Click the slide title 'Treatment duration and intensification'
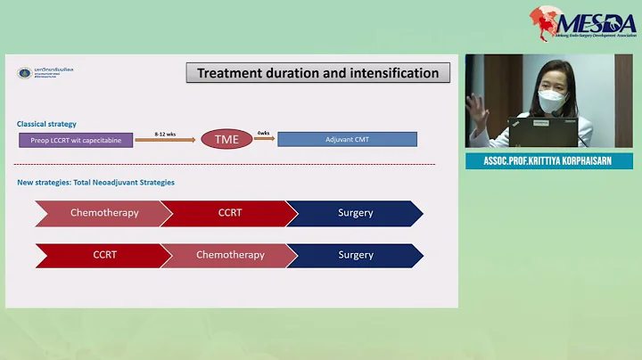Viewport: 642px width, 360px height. click(317, 73)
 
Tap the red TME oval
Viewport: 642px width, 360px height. click(226, 139)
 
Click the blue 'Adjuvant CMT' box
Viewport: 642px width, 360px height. click(347, 139)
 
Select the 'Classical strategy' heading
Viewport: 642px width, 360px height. click(46, 123)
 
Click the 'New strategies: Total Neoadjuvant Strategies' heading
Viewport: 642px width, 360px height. click(95, 183)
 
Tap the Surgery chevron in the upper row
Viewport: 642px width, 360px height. click(355, 213)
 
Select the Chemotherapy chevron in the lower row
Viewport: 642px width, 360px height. click(228, 255)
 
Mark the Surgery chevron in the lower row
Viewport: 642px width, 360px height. click(355, 255)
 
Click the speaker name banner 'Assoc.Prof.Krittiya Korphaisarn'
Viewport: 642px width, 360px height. click(548, 161)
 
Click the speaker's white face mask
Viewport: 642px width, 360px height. click(551, 100)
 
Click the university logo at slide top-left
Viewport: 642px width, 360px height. click(26, 72)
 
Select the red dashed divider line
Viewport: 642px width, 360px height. click(226, 164)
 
